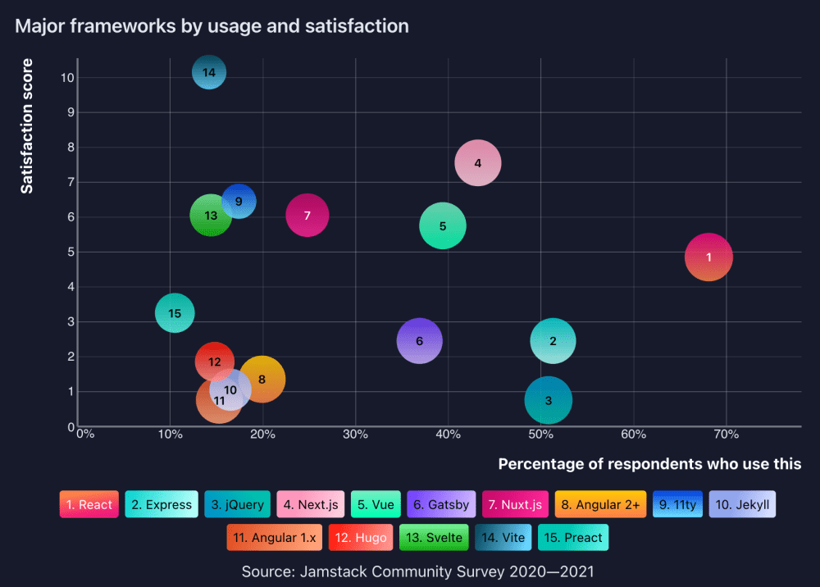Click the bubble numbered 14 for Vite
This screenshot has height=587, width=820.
[x=209, y=73]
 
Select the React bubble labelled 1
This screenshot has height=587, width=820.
[x=708, y=257]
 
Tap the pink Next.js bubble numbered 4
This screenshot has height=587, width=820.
[x=478, y=163]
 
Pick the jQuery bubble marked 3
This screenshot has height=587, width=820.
[x=549, y=401]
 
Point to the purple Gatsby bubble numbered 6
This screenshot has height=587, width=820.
[x=419, y=341]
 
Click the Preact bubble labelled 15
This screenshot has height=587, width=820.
[x=175, y=313]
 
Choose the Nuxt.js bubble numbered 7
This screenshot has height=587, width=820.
[x=307, y=216]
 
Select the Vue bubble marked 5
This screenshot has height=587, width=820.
[x=443, y=226]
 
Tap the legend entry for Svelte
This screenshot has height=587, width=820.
[x=434, y=538]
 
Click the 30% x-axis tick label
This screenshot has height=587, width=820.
[x=354, y=434]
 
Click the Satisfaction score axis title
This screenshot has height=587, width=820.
[x=27, y=125]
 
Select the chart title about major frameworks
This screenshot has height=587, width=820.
[x=212, y=26]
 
